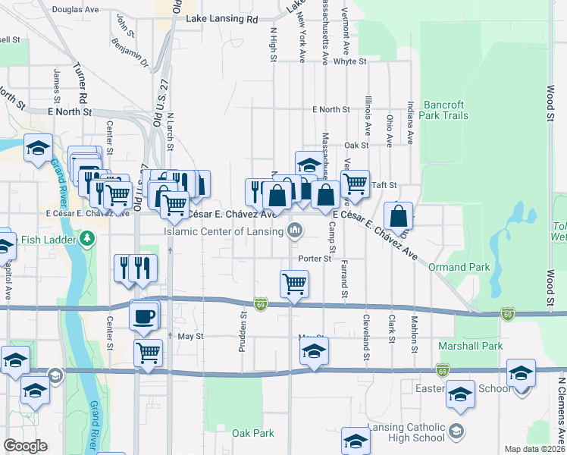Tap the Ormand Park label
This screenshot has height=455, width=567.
pos(459,267)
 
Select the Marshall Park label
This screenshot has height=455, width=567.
pos(470,346)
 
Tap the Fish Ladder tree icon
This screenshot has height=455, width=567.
pos(89,240)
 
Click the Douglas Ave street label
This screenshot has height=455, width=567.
pos(77,10)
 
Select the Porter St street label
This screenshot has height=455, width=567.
pos(315,259)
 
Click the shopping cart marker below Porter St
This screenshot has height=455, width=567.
pos(294,284)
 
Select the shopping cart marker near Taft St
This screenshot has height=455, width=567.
pos(355,183)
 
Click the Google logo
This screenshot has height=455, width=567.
pos(25,446)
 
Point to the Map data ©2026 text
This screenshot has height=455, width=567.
pos(534,449)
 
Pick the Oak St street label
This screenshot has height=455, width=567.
pos(356,145)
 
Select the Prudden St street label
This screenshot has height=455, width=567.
pos(244,325)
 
